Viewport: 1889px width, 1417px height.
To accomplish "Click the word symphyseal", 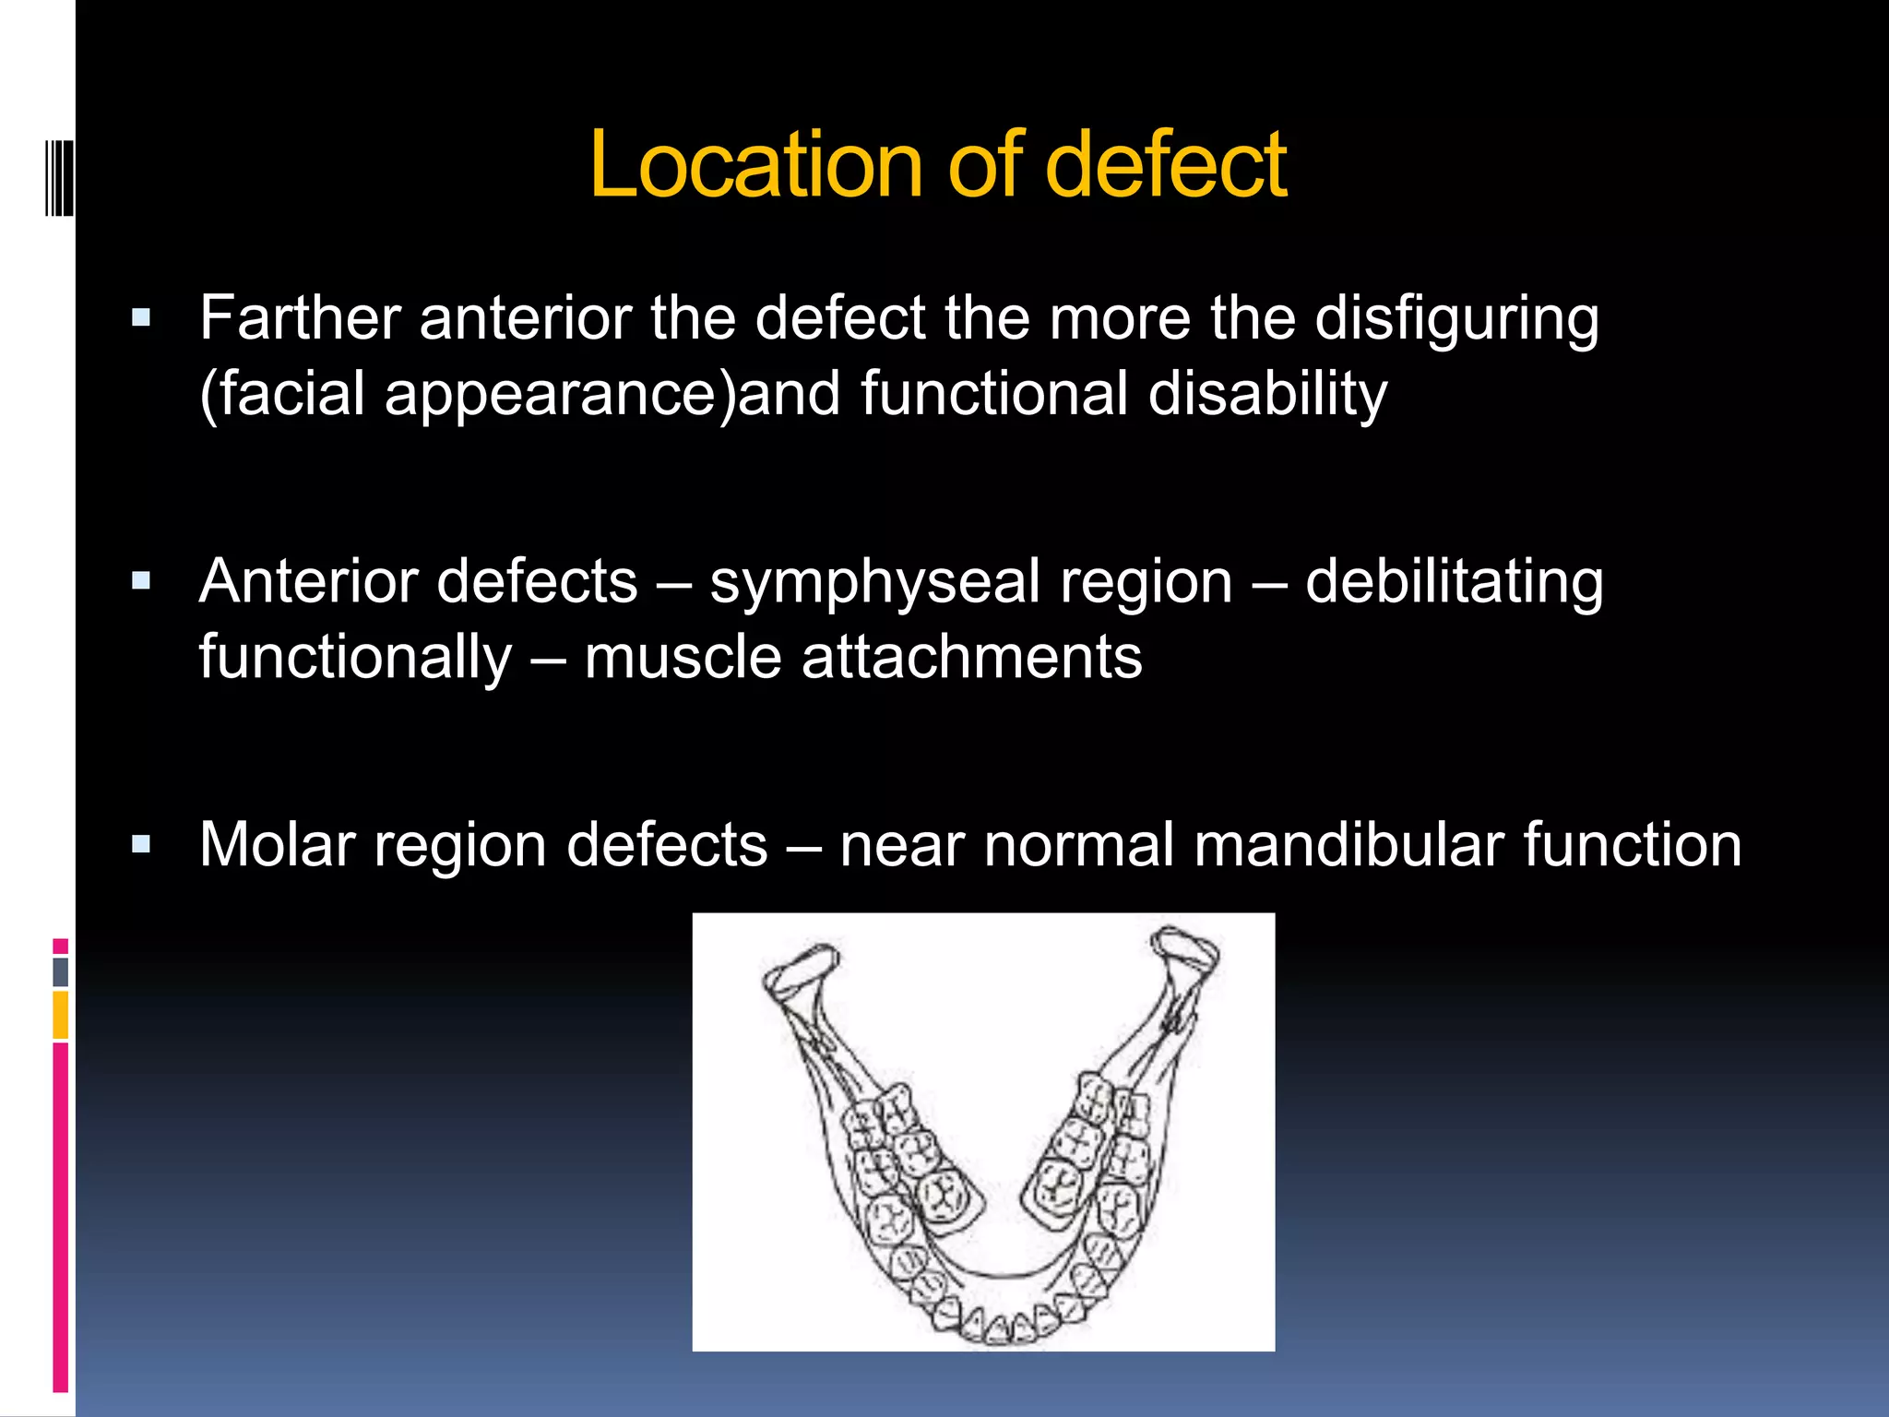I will click(x=970, y=583).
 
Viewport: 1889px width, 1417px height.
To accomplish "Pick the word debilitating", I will click(x=1454, y=583).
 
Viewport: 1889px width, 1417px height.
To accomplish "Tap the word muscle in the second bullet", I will click(x=683, y=659).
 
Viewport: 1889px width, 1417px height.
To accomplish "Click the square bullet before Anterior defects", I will click(x=141, y=582).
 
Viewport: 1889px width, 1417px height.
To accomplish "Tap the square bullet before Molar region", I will click(x=141, y=844).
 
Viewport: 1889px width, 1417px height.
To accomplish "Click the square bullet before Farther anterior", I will click(x=141, y=319).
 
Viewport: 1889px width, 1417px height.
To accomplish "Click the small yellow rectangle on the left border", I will click(x=60, y=1015).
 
